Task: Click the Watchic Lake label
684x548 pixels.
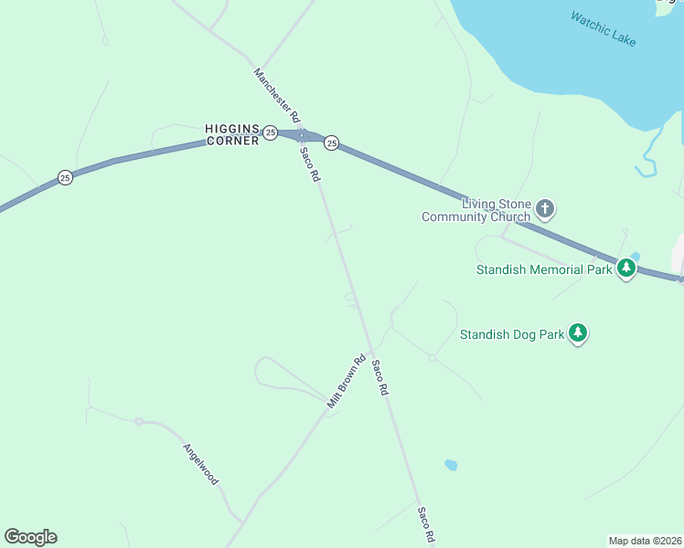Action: (603, 28)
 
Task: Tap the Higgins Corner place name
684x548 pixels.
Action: (232, 134)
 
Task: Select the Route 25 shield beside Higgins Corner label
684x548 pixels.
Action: (271, 132)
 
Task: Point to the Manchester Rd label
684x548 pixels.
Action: (277, 96)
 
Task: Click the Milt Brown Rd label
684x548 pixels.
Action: (347, 380)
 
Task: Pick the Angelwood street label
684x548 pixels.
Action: (201, 465)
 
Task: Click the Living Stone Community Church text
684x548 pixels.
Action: (476, 210)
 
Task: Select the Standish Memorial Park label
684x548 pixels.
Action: (544, 269)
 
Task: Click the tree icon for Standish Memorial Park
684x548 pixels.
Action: (626, 269)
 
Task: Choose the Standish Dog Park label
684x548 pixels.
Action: (512, 334)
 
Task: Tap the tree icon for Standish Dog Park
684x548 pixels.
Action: (578, 333)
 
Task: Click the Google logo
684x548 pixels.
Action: (30, 537)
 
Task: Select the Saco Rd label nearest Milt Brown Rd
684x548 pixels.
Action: (380, 376)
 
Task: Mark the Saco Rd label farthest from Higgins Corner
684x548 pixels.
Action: (425, 525)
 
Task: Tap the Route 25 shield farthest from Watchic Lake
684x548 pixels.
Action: (65, 177)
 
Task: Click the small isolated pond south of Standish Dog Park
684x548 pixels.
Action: (451, 465)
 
